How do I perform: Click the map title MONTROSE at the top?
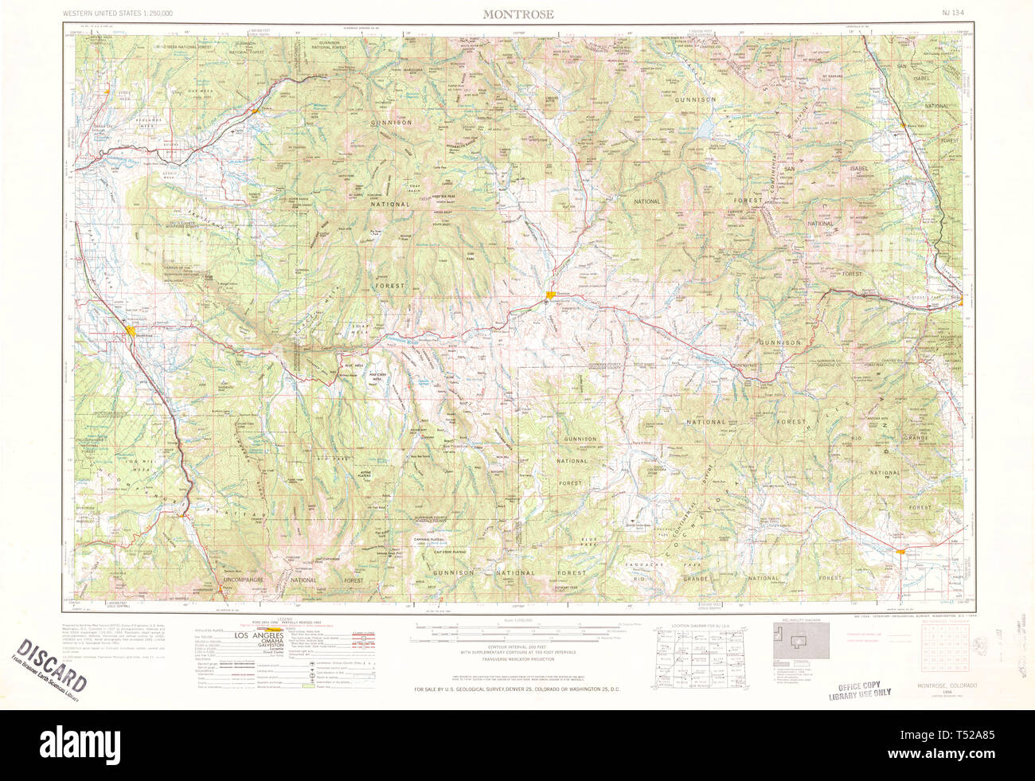click(518, 14)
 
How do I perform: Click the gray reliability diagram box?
click(802, 639)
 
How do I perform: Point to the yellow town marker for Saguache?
click(900, 551)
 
